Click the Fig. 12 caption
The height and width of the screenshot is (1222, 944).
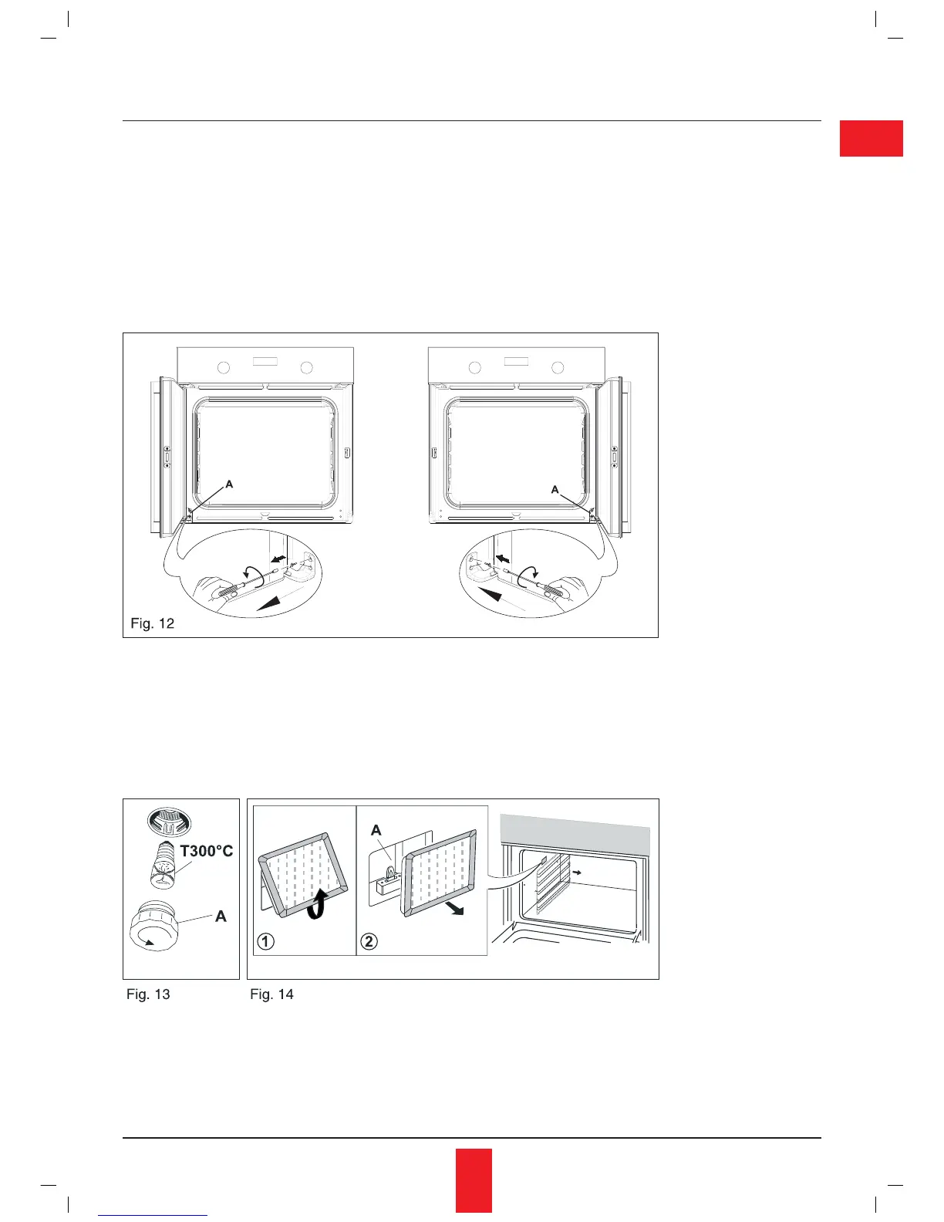153,623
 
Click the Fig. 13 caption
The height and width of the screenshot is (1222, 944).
148,994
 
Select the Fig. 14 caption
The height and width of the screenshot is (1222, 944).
271,994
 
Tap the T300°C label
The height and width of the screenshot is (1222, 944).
207,851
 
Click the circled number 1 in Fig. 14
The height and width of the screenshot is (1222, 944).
265,941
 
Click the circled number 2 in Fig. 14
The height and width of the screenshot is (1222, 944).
369,941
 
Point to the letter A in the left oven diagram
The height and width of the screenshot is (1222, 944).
229,484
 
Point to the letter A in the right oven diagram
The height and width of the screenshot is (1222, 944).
555,489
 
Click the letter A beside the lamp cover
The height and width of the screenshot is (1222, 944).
221,917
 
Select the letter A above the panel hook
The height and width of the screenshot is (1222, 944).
376,830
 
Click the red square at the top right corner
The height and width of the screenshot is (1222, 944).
871,139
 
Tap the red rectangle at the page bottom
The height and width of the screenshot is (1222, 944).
473,1180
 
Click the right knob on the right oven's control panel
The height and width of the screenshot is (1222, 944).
558,367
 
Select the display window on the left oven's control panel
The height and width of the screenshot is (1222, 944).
264,362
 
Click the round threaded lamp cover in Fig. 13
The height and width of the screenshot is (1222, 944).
157,926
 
